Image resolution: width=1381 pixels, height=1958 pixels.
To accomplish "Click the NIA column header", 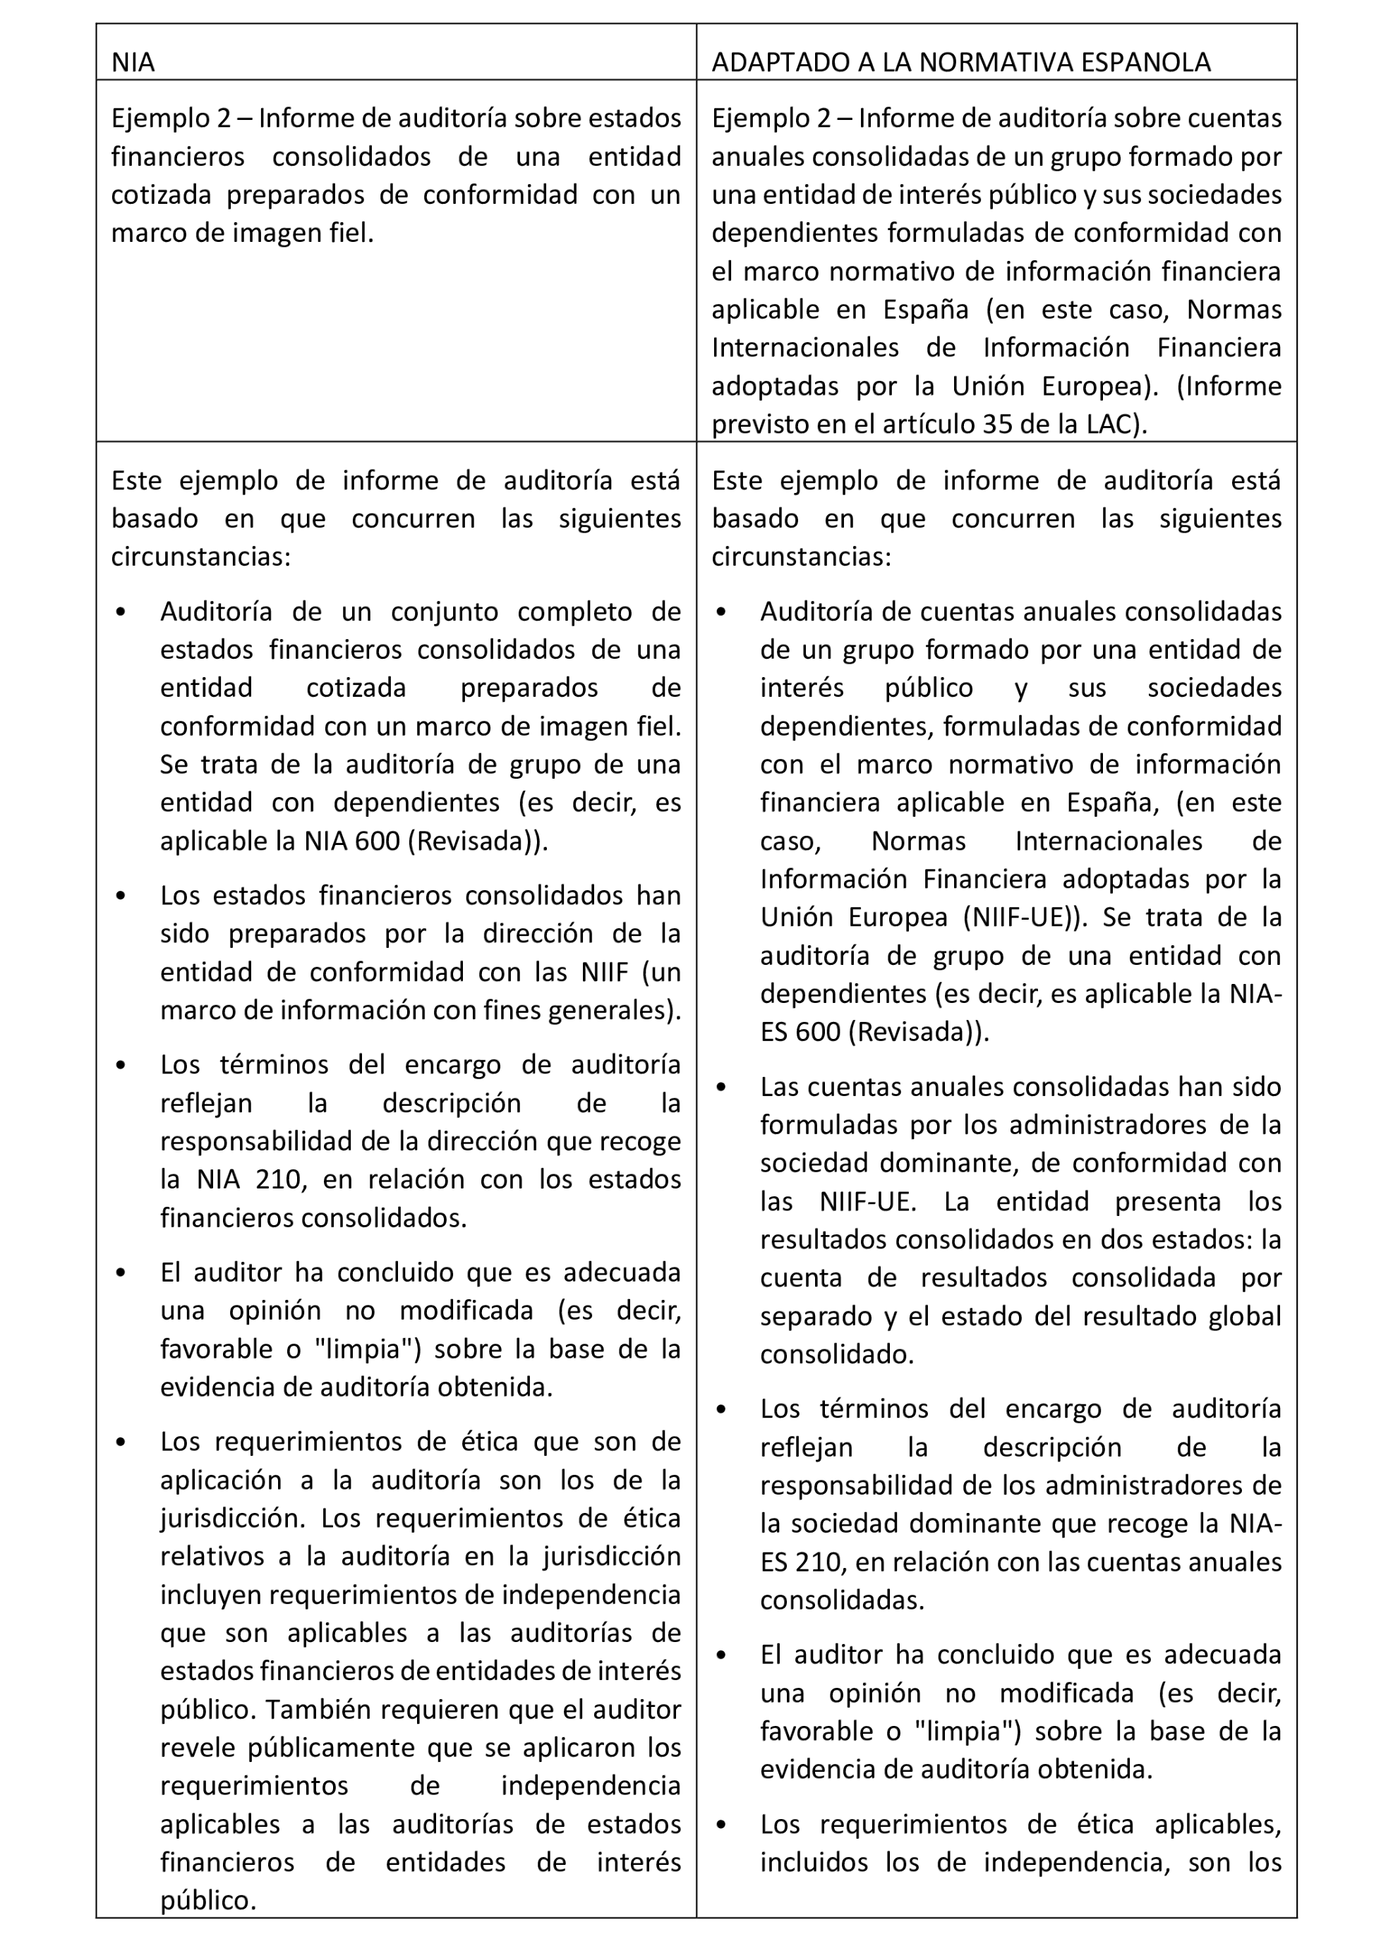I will [133, 63].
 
